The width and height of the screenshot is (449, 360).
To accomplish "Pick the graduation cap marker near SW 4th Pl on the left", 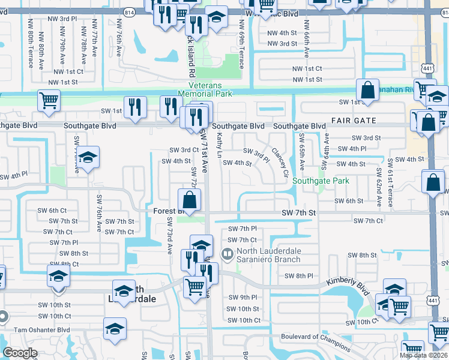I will click(88, 158).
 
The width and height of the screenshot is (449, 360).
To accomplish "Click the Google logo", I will click(20, 353).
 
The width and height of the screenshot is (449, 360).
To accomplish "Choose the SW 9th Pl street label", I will click(242, 297).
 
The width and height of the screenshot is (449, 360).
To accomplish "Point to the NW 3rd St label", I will click(282, 43).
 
